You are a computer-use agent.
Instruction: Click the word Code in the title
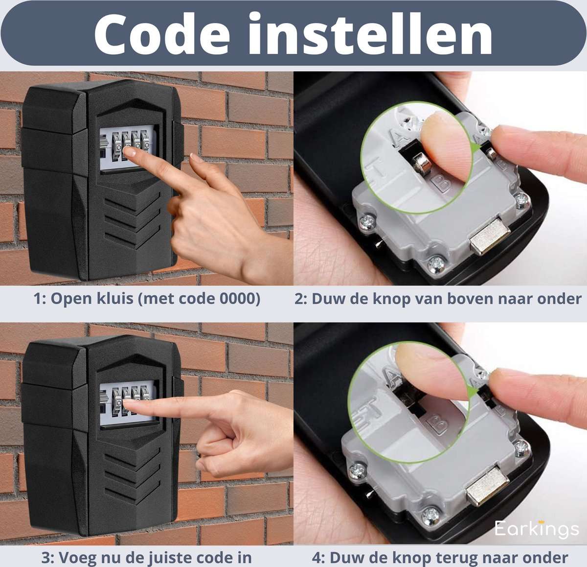pos(162,34)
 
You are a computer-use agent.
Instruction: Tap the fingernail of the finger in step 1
pos(130,152)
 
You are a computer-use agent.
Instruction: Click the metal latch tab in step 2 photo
pos(489,236)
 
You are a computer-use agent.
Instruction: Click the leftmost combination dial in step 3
pos(117,401)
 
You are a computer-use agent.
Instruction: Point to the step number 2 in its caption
pos(299,299)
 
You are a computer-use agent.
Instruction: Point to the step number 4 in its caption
pos(317,558)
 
